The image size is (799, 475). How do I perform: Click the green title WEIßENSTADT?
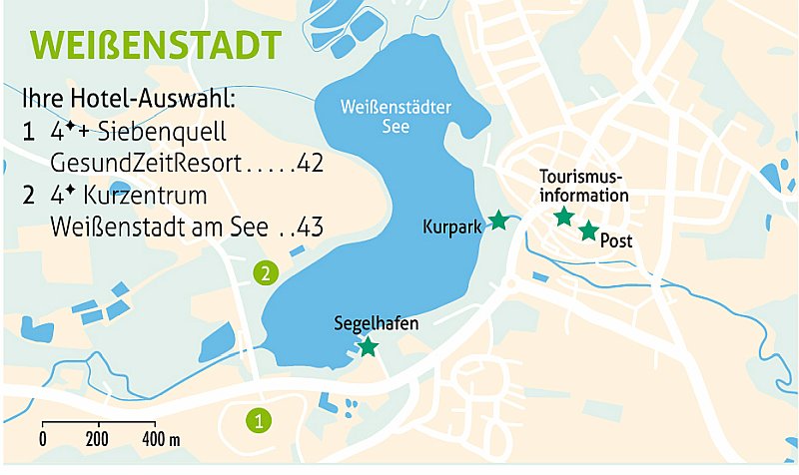click(155, 45)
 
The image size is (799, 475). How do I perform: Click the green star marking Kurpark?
click(498, 222)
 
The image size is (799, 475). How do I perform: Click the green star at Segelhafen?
click(369, 346)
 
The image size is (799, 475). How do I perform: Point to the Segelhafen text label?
click(376, 323)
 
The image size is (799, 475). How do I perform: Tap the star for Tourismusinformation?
click(564, 217)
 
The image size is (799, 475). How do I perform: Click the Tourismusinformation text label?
click(584, 186)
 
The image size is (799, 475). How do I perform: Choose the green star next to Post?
click(588, 232)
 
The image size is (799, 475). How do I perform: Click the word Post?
click(617, 241)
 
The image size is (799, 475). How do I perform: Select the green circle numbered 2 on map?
click(264, 271)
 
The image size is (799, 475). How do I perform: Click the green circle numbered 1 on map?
click(259, 421)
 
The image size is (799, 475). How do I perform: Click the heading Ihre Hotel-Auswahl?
click(127, 100)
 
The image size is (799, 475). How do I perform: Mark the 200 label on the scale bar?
click(97, 439)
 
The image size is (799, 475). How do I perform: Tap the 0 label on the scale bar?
click(43, 439)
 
